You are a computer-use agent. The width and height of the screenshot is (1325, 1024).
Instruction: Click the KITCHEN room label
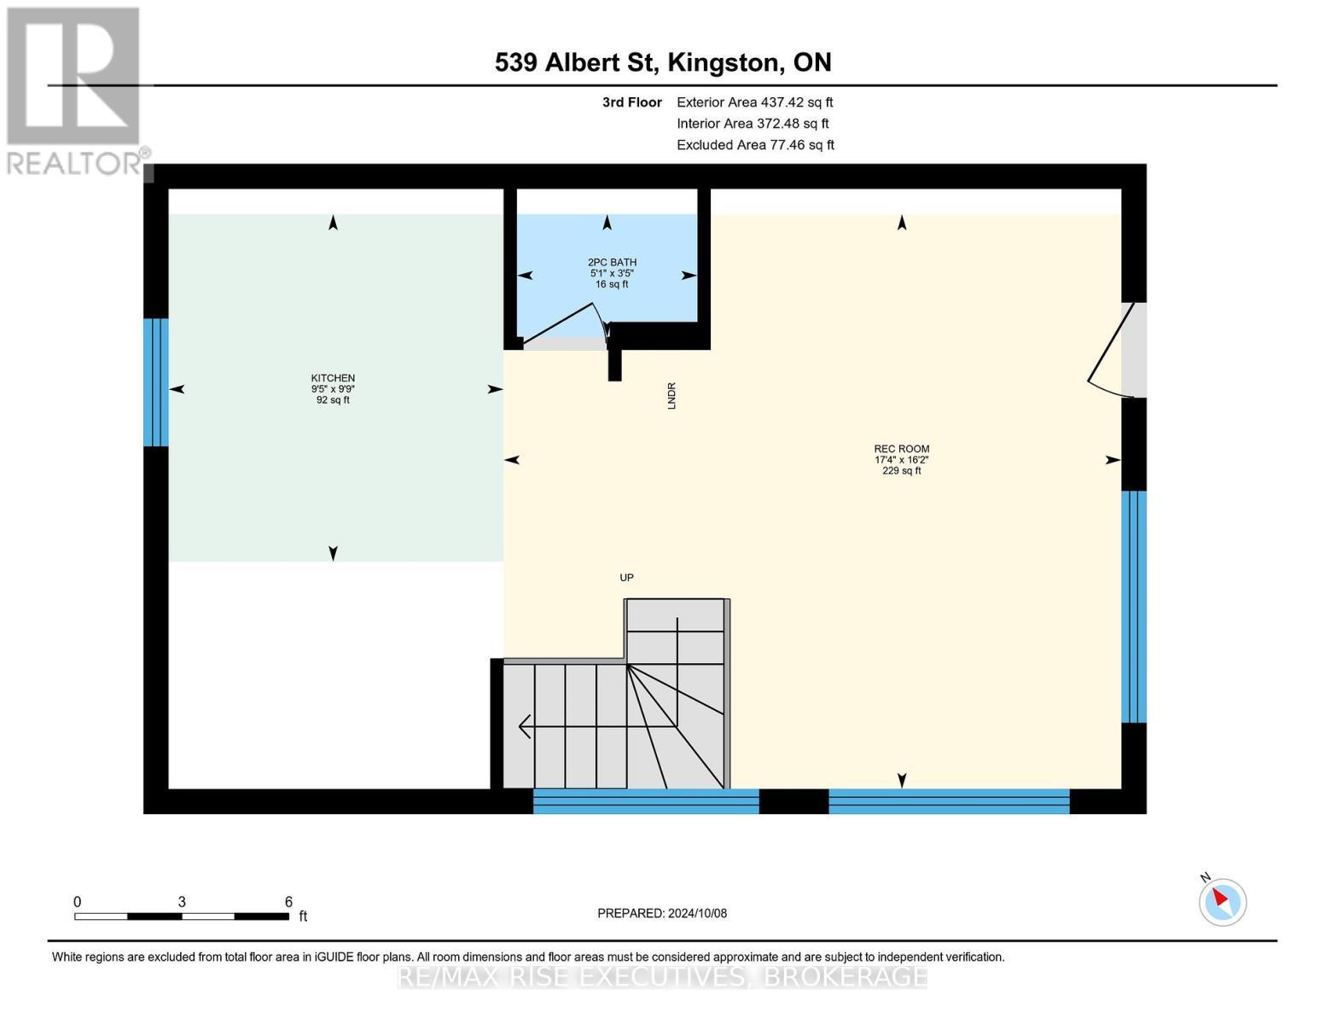pyautogui.click(x=333, y=378)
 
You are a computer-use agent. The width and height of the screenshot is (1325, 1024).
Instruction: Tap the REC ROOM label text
pyautogui.click(x=901, y=449)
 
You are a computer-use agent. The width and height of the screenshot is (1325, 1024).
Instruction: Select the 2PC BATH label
pyautogui.click(x=612, y=262)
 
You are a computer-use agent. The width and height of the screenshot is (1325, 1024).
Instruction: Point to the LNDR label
pyautogui.click(x=671, y=395)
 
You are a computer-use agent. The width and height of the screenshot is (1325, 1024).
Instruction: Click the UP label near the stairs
pyautogui.click(x=626, y=578)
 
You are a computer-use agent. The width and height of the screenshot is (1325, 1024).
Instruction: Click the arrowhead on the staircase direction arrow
pyautogui.click(x=524, y=726)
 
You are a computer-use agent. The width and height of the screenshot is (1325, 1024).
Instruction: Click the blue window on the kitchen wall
pyautogui.click(x=155, y=382)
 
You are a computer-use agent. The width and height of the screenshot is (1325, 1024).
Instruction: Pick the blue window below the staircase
pyautogui.click(x=646, y=801)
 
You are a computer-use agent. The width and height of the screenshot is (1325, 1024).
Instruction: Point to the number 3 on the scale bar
pyautogui.click(x=182, y=901)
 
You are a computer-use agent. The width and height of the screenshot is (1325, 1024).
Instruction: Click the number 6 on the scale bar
pyautogui.click(x=288, y=901)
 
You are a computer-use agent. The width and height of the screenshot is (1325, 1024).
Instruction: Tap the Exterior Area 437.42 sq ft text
pyautogui.click(x=754, y=102)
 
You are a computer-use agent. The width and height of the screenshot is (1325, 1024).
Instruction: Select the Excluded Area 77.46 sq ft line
pyautogui.click(x=755, y=145)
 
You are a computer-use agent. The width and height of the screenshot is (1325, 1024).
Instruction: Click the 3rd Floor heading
pyautogui.click(x=631, y=102)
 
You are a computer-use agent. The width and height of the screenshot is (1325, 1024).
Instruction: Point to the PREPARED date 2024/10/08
pyautogui.click(x=661, y=913)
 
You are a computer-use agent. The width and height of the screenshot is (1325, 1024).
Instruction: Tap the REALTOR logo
pyautogui.click(x=74, y=90)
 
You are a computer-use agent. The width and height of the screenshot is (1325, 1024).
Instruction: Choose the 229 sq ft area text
pyautogui.click(x=901, y=471)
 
